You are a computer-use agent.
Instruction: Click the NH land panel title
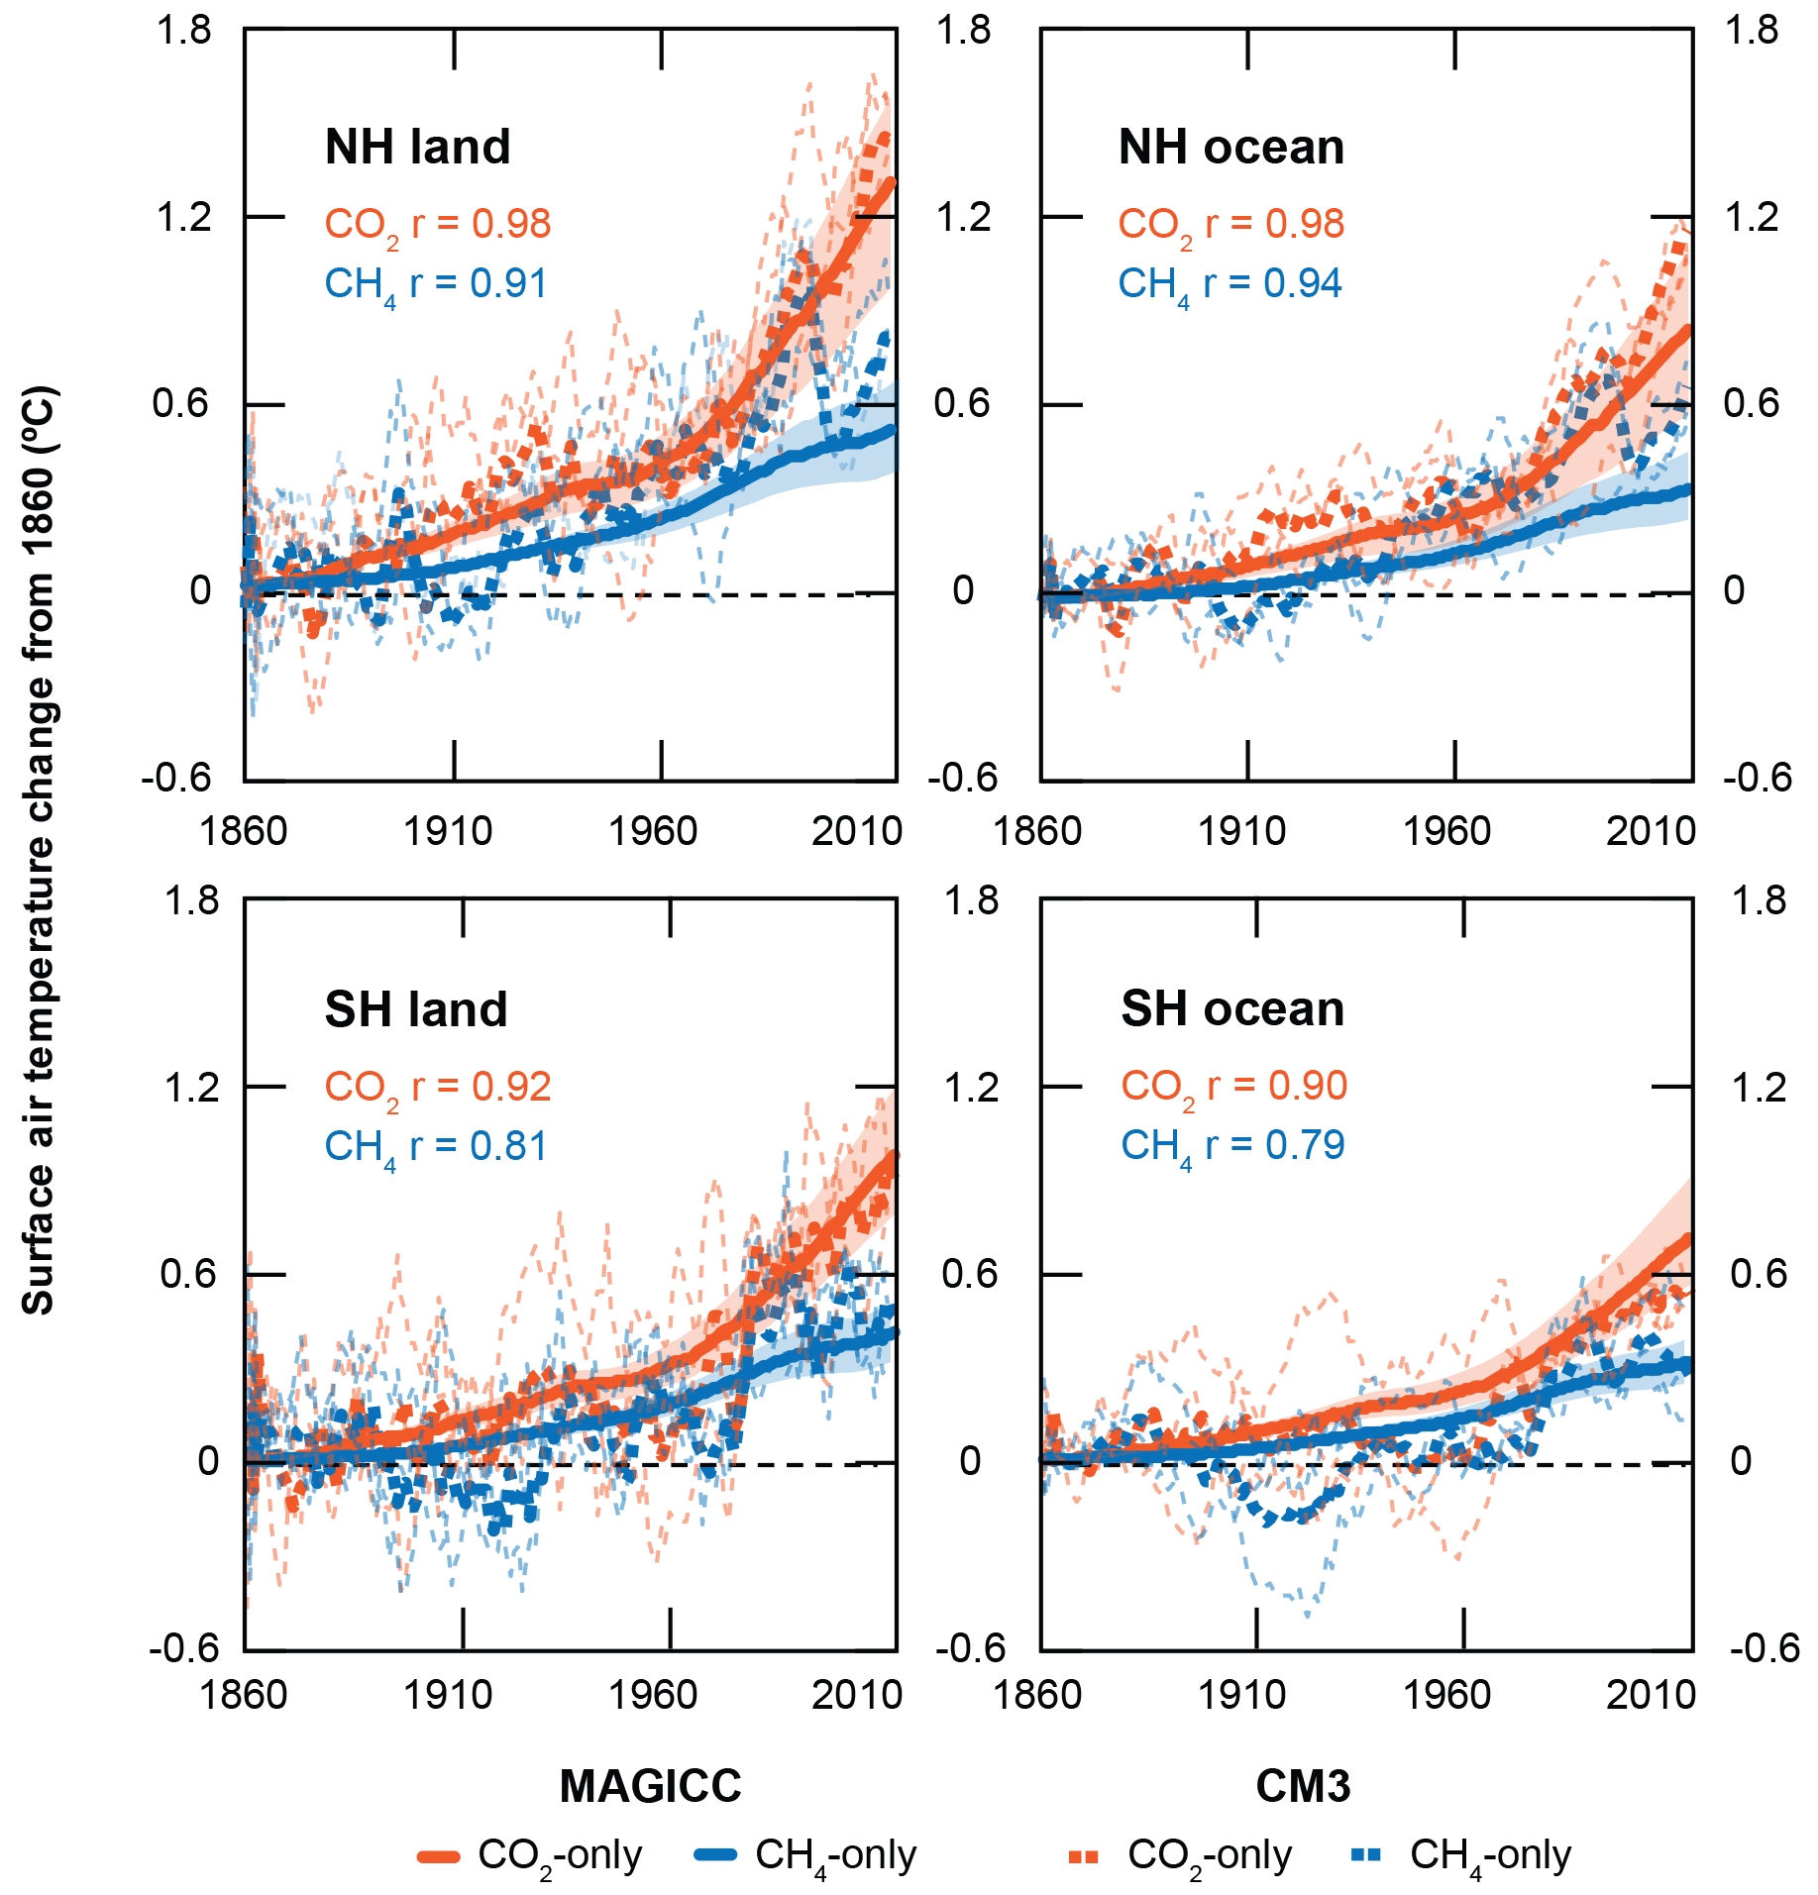(x=417, y=148)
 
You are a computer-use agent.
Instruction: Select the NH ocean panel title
(x=1231, y=148)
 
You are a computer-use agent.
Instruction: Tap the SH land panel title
(x=416, y=1010)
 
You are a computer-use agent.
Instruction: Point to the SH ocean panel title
(x=1232, y=1009)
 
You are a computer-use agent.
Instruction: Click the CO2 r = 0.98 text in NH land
(x=437, y=225)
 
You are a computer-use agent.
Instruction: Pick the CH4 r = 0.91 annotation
(x=436, y=284)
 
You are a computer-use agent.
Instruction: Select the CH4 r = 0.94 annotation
(x=1230, y=284)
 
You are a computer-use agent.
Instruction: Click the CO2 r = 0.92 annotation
(x=437, y=1088)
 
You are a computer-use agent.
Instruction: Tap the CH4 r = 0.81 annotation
(x=436, y=1147)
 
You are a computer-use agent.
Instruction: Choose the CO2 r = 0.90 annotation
(x=1233, y=1087)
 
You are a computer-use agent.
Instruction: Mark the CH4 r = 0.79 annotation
(x=1232, y=1146)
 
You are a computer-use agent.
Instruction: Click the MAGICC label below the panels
(x=650, y=1787)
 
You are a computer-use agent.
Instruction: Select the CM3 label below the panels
(x=1303, y=1787)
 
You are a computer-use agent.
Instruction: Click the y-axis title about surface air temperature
(x=40, y=850)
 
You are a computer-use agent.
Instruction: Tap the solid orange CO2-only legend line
(x=439, y=1856)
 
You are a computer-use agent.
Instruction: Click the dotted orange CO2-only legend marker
(x=1084, y=1856)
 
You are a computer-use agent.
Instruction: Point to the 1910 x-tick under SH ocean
(x=1242, y=1696)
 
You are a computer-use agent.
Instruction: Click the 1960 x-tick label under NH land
(x=653, y=831)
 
